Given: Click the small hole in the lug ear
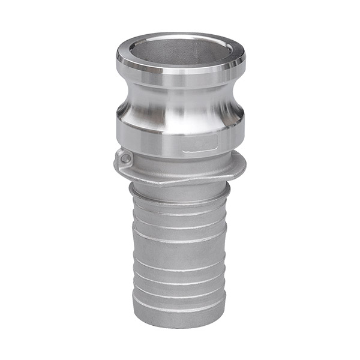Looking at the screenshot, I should (125, 158).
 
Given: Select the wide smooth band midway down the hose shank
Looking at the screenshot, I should (180, 252).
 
